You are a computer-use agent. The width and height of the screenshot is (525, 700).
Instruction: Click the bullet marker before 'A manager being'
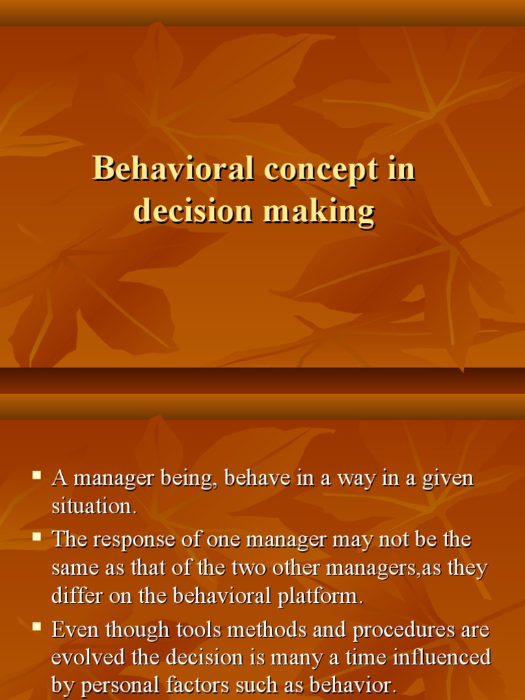[x=38, y=473]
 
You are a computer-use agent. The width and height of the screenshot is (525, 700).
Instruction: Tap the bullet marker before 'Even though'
[x=38, y=625]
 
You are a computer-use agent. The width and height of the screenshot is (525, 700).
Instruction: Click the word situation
[x=94, y=507]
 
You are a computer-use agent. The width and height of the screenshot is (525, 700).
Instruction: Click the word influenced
[x=446, y=658]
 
